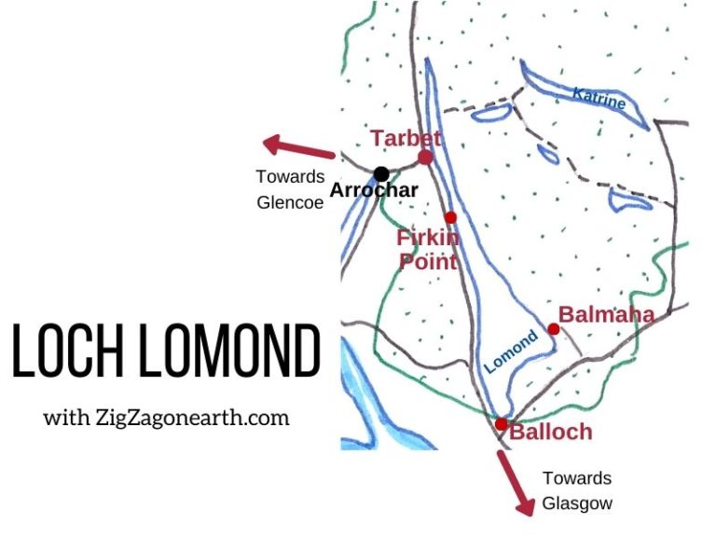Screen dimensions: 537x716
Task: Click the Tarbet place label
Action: tap(405, 139)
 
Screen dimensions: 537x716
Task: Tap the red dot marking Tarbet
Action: tap(426, 158)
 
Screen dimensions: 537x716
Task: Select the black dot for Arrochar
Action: tap(381, 173)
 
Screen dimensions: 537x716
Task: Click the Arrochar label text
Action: tap(373, 192)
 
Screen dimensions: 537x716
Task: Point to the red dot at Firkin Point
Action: tap(450, 217)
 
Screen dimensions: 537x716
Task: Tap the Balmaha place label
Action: tap(606, 315)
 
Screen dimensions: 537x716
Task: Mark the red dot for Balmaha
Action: tap(554, 329)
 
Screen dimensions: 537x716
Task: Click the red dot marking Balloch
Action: tap(502, 424)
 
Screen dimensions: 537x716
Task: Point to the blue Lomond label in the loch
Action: tap(512, 352)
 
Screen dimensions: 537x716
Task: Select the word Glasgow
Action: tap(578, 504)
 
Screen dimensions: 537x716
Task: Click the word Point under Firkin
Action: tap(429, 261)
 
